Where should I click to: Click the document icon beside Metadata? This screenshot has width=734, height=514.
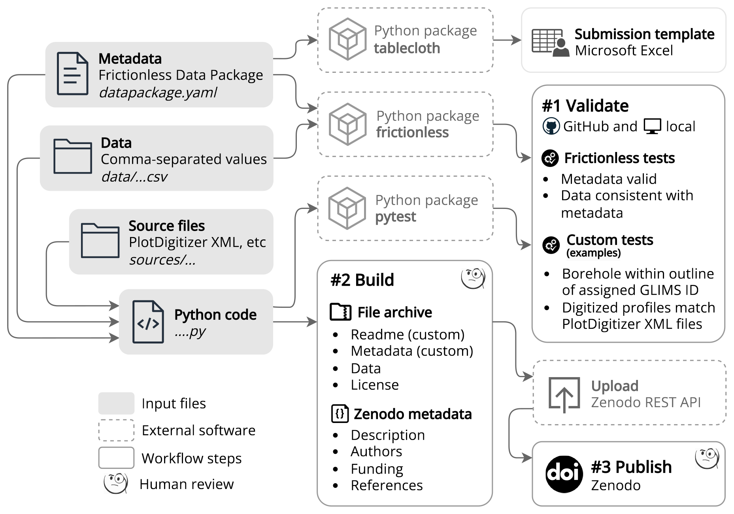click(72, 74)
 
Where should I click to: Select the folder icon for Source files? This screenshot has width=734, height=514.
click(100, 241)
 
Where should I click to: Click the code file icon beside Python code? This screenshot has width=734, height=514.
click(148, 322)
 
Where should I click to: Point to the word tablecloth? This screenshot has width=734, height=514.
click(407, 48)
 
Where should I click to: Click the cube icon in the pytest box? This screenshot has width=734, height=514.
click(347, 208)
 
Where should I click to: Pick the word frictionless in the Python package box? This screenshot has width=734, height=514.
click(412, 133)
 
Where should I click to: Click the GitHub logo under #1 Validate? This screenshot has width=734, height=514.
click(551, 126)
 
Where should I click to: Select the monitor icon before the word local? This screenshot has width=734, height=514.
click(652, 126)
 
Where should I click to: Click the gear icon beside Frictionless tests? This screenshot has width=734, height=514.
click(550, 158)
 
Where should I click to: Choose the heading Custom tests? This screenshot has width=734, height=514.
click(609, 240)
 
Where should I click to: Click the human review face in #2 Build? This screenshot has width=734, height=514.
click(473, 278)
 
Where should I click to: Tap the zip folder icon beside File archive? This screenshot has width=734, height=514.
click(340, 312)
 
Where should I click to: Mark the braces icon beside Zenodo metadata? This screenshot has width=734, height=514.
click(340, 414)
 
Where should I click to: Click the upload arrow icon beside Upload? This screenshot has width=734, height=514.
click(564, 395)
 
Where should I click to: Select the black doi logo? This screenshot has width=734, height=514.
click(564, 474)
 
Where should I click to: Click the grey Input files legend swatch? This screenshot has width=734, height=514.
click(116, 403)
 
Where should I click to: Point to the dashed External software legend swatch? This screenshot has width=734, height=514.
click(116, 430)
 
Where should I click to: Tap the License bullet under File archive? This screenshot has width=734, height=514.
click(374, 385)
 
